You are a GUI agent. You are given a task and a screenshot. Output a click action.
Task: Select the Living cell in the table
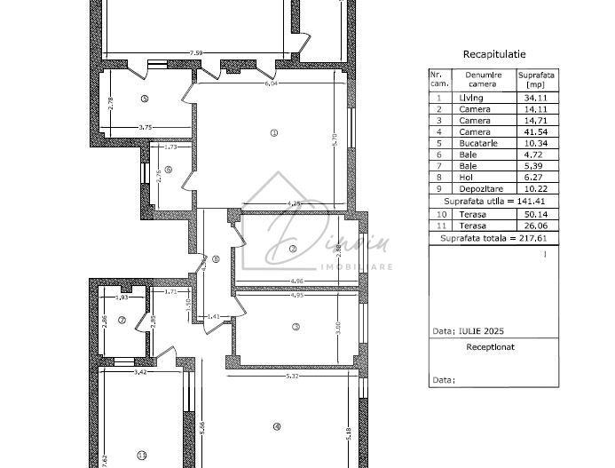(471, 98)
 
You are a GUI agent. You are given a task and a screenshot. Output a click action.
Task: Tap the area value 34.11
(534, 98)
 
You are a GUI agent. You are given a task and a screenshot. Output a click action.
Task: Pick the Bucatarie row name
(479, 143)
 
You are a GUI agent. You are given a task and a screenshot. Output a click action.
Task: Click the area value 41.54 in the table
(534, 131)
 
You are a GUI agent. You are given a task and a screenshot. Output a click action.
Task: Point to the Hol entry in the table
(468, 177)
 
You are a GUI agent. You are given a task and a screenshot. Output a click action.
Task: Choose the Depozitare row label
(479, 188)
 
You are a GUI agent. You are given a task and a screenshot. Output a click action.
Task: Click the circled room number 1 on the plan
(273, 133)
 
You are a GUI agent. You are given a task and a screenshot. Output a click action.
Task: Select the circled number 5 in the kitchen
(144, 99)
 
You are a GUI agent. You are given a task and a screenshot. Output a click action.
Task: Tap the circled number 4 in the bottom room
(277, 426)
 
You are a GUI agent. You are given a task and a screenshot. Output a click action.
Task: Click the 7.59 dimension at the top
(196, 53)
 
